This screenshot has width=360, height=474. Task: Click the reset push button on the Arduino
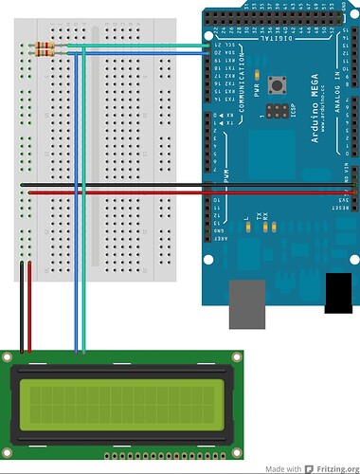tap(279, 85)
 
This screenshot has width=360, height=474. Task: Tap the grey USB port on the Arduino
tap(248, 301)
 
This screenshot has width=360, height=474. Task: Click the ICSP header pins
tap(277, 112)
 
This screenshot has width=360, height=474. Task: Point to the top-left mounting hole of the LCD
tap(9, 357)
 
